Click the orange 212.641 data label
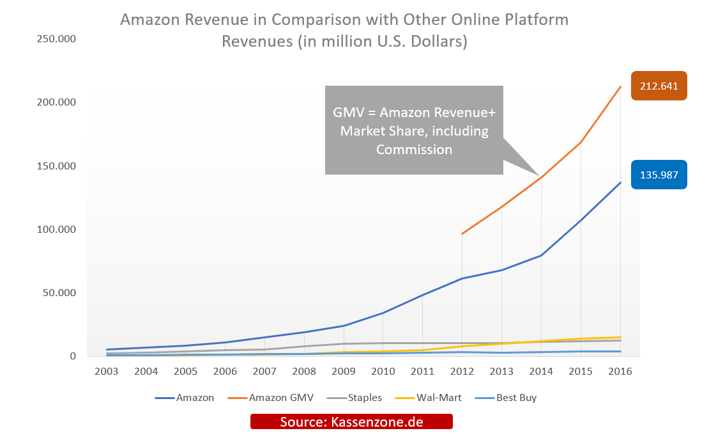coord(659,86)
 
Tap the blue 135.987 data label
coord(659,174)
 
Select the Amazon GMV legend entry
coord(281,398)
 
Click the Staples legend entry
coord(365,398)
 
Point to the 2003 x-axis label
coord(107,372)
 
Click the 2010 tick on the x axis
coord(383,372)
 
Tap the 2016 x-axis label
coord(620,372)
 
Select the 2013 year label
coord(501,372)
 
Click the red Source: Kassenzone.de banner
coord(351,422)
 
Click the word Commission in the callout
coord(414,150)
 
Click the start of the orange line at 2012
coord(462,233)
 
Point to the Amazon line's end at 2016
coord(620,182)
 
